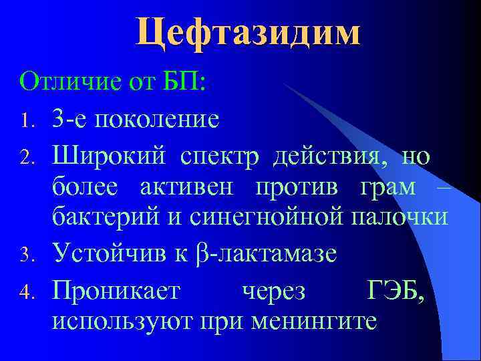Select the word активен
(188, 189)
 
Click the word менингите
(315, 320)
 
